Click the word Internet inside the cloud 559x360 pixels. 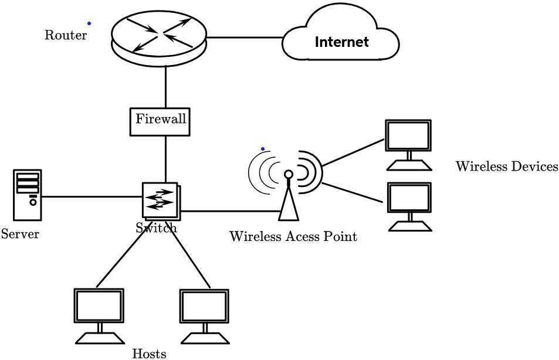pos(341,42)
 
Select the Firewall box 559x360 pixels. pos(161,120)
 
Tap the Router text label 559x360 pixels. pos(66,35)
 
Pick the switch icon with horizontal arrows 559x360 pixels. pos(160,200)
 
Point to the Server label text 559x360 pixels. pos(20,235)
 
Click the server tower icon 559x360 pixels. pos(28,194)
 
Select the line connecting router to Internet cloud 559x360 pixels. pos(245,38)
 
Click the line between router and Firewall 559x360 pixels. pos(166,86)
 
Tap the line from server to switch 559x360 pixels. pos(91,197)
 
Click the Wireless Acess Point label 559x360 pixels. pos(293,237)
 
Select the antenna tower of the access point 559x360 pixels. pos(288,199)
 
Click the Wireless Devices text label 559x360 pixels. pos(507,167)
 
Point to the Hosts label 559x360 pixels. pos(149,354)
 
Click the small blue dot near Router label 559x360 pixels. pos(89,23)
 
